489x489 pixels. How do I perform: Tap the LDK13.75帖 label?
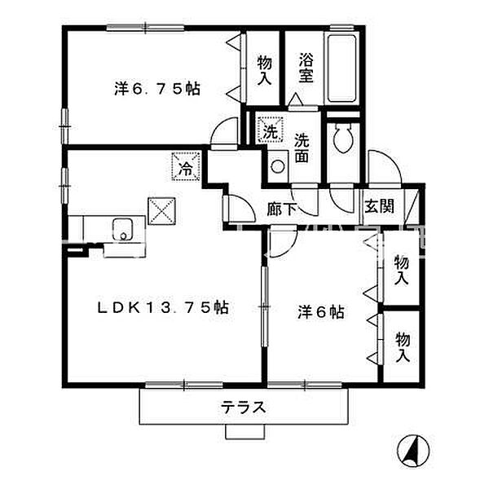pyautogui.click(x=163, y=307)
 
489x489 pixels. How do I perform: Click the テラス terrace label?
pyautogui.click(x=244, y=408)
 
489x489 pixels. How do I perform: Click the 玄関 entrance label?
pyautogui.click(x=379, y=205)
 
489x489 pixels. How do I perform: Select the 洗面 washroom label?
pyautogui.click(x=302, y=147)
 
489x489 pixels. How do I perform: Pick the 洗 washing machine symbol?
pyautogui.click(x=270, y=130)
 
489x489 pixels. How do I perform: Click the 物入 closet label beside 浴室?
pyautogui.click(x=264, y=69)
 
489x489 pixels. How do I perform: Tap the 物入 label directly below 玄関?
pyautogui.click(x=401, y=270)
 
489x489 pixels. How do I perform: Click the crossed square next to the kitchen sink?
pyautogui.click(x=160, y=211)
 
